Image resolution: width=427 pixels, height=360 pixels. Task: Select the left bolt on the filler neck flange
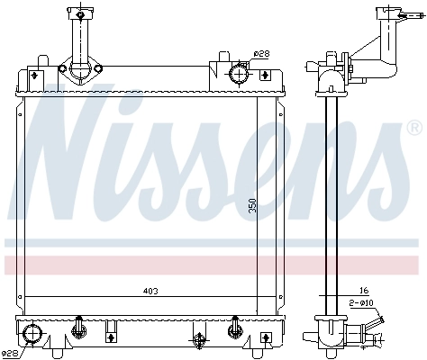tap(63, 68)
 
